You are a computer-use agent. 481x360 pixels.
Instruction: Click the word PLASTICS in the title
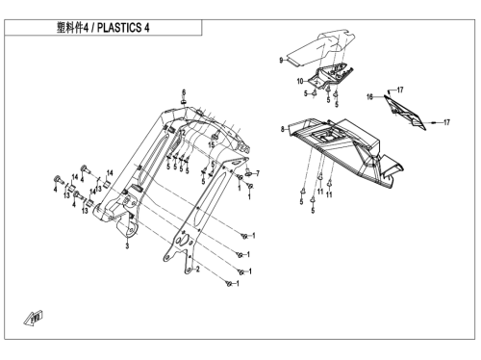coord(119,28)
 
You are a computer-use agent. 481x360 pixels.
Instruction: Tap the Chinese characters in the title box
coord(70,28)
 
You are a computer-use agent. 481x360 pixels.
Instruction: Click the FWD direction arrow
coord(34,318)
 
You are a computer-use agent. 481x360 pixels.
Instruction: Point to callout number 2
coord(198,269)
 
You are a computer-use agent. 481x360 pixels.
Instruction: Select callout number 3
coord(127,246)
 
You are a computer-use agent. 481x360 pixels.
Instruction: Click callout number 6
coord(184,92)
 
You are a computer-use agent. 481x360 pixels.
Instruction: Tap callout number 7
coord(258,173)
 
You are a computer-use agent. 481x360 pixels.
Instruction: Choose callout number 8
coord(283,129)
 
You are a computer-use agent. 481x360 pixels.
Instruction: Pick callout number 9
coord(281,61)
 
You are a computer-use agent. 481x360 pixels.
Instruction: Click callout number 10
coord(300,82)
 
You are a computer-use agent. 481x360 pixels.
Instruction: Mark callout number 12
coord(182,132)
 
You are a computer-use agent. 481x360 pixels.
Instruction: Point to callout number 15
coord(211,145)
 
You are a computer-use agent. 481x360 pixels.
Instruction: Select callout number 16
coord(370,96)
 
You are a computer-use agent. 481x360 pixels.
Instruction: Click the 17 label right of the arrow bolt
coord(446,122)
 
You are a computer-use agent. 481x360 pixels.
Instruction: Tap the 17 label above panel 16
coord(400,90)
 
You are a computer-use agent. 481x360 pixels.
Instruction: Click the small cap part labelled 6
coord(184,102)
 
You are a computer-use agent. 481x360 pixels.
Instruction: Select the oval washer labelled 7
coord(248,173)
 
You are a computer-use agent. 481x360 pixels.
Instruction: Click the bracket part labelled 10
coord(330,76)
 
